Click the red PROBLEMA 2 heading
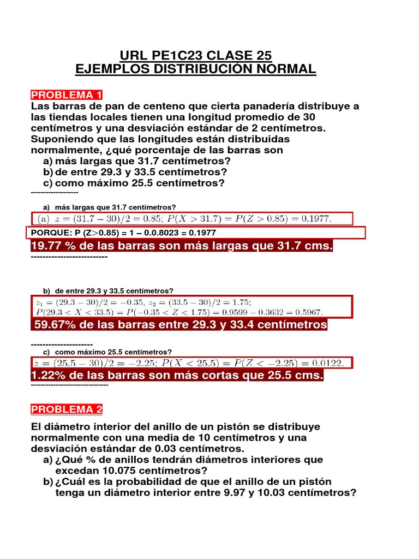coord(67,409)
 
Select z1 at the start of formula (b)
coord(38,302)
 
